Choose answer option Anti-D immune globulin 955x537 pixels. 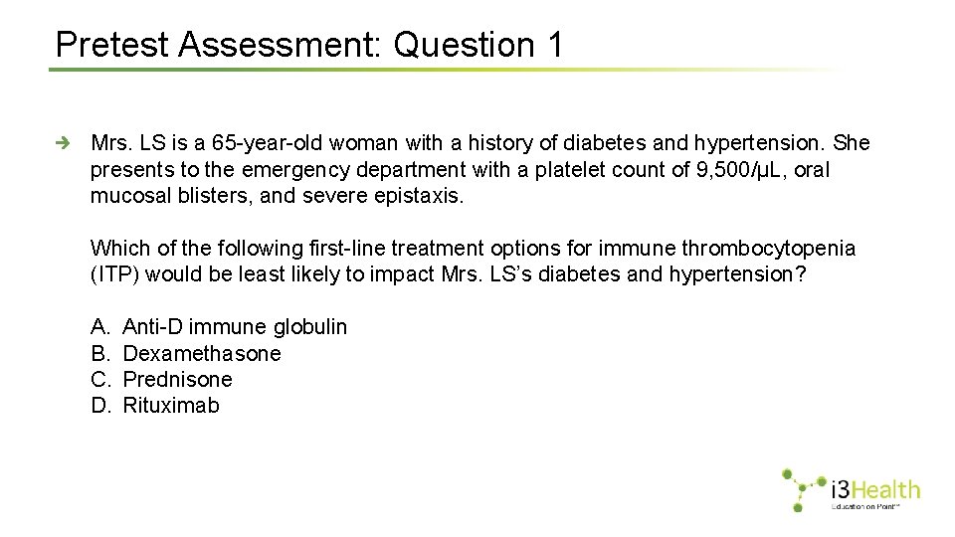click(235, 327)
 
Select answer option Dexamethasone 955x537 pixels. click(202, 353)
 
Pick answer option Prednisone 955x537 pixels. click(177, 379)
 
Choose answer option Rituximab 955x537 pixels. click(171, 405)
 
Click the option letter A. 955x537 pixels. click(98, 327)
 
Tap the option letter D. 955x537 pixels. click(99, 405)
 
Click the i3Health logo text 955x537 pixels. click(875, 489)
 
